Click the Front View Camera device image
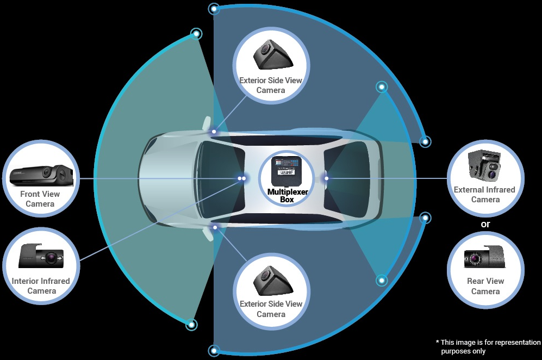click(41, 174)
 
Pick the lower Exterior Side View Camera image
click(270, 278)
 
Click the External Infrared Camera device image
click(485, 165)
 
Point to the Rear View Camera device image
click(485, 257)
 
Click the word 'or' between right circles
click(485, 224)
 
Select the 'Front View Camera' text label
click(40, 199)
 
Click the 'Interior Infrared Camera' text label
click(41, 286)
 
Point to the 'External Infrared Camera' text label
click(485, 195)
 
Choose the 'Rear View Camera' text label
click(485, 286)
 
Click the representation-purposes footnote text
click(488, 346)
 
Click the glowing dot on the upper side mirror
click(214, 132)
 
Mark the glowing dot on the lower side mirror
click(215, 227)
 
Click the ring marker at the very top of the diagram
click(215, 8)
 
